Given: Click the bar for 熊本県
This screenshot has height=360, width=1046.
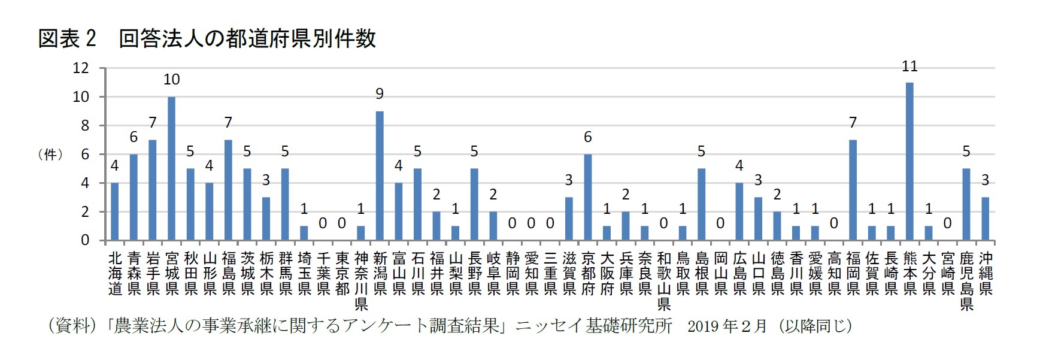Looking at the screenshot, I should coord(909,162).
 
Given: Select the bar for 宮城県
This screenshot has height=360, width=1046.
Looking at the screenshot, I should coord(171,169).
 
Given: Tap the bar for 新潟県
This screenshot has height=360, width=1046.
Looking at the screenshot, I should coord(380,176).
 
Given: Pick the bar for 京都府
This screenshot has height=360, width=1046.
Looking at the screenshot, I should coord(587,198).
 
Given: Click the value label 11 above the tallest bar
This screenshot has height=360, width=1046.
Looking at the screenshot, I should coord(909,66).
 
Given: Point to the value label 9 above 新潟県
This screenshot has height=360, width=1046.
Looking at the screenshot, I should coord(380,94).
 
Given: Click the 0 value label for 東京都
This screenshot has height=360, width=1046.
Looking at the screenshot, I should coord(341,223).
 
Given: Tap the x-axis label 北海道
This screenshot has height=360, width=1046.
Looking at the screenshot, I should coord(115,274).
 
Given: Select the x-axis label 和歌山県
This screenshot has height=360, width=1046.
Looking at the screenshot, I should coord(663,281).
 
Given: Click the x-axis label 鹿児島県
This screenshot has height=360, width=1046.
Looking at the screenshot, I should coord(966,281).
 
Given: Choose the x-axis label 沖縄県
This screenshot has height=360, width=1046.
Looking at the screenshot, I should coord(986,274).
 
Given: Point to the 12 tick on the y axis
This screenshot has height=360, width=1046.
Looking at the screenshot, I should coord(80,68).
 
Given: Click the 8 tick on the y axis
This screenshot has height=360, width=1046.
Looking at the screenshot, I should coord(84,126).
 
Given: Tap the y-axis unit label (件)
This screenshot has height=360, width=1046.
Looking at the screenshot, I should coord(50,155).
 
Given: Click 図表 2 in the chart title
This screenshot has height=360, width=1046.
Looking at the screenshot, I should coord(66,39).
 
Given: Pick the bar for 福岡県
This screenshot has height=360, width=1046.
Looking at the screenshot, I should coord(853,190).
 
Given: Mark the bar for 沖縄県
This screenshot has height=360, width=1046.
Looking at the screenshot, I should coord(986,219).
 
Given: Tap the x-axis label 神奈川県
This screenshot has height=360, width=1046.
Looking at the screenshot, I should coord(360,281).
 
